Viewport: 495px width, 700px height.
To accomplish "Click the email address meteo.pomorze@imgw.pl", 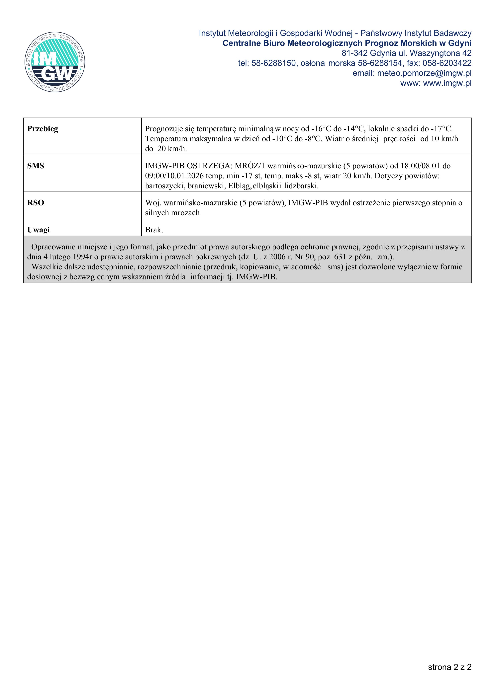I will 424,73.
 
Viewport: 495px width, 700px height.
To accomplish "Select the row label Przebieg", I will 43,129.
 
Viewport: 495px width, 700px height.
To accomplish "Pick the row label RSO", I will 36,203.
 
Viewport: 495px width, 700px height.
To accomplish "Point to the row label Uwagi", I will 39,230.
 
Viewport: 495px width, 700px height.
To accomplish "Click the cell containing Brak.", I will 154,230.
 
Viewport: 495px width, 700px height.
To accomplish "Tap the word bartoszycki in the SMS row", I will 164,186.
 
